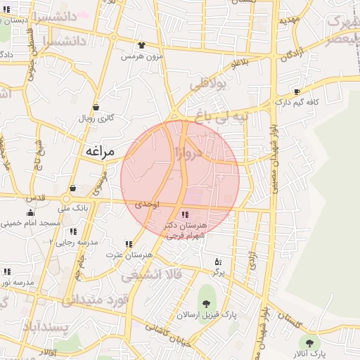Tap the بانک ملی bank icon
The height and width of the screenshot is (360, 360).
coord(74,188)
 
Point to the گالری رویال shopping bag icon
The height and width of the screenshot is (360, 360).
coord(96,108)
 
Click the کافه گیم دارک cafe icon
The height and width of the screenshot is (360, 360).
coord(297,92)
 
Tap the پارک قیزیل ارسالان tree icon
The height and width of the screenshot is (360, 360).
coord(206,303)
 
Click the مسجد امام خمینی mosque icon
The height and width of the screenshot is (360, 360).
coord(30,213)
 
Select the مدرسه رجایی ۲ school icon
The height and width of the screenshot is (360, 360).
coord(73,231)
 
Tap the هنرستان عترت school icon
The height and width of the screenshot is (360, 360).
coord(127,243)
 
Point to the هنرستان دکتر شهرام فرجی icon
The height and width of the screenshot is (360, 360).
coord(184,214)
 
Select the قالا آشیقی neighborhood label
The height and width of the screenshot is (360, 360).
coord(151,275)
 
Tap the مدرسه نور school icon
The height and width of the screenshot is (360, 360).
coord(7,271)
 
